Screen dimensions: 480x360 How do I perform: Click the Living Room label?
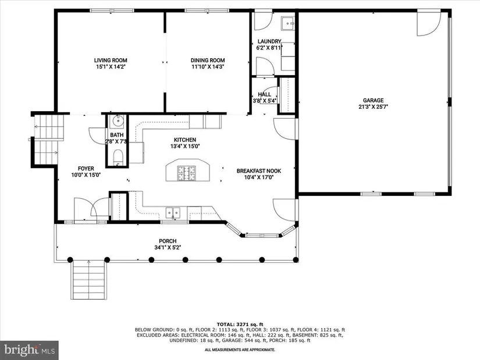[111, 60]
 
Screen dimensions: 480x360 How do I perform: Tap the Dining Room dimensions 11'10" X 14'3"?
[208, 67]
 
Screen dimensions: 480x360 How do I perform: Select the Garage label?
[373, 100]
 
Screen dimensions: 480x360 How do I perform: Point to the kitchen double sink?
[173, 212]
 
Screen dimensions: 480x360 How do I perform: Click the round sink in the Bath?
[118, 120]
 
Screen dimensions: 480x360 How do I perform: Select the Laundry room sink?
[288, 23]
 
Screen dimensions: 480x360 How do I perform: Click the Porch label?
[168, 241]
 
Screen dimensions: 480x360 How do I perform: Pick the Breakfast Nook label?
[259, 171]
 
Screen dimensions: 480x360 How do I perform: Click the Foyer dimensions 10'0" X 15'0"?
[86, 175]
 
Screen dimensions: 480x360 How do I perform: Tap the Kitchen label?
[185, 140]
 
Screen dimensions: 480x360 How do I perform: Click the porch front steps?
[89, 280]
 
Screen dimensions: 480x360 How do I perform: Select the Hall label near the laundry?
[264, 94]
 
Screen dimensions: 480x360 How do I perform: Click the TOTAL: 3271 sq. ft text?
[240, 325]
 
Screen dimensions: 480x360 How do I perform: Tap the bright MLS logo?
[30, 350]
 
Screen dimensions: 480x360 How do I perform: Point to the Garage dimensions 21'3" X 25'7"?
[373, 107]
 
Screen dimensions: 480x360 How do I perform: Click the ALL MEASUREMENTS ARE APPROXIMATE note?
[240, 350]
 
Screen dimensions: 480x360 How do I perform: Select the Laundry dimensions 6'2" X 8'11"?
[269, 48]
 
